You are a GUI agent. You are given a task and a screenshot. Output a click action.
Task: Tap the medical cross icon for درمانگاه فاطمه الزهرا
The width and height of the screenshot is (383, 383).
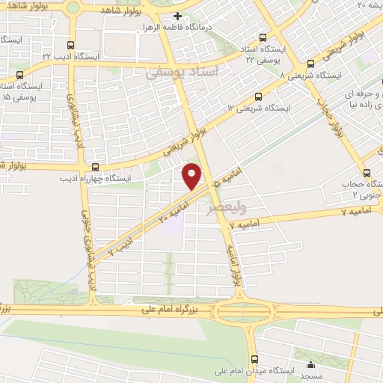(x=177, y=16)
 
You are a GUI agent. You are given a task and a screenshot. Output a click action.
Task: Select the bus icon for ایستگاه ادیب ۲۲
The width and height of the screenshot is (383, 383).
(x=70, y=46)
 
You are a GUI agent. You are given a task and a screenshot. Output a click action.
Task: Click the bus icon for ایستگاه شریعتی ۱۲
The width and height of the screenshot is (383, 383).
(x=259, y=96)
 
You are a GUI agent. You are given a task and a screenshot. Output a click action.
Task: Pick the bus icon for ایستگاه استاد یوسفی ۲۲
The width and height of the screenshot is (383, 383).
(x=262, y=37)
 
